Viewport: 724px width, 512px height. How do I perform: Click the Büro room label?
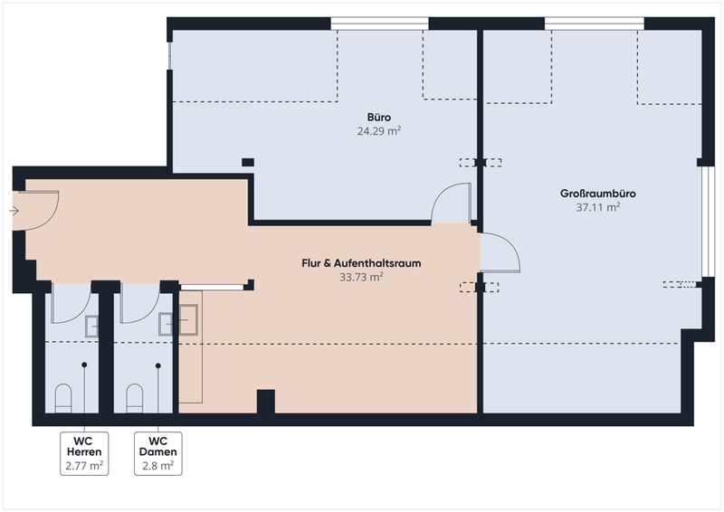coord(379,117)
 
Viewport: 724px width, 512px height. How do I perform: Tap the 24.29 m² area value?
coord(379,131)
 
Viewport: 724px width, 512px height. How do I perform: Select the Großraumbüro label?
coord(598,193)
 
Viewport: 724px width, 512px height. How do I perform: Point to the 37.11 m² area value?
coord(598,207)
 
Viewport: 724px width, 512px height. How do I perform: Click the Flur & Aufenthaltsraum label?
coord(361,263)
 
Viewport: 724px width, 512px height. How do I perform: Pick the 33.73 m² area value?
coord(361,277)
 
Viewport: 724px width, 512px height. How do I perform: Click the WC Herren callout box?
coord(84,453)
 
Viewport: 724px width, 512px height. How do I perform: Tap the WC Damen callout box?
coord(157,453)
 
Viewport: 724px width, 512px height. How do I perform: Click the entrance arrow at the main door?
coord(14,211)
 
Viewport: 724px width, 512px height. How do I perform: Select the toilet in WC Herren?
coord(63,398)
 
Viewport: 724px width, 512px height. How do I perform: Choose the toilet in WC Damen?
coord(135,398)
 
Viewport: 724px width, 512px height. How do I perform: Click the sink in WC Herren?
coord(92,327)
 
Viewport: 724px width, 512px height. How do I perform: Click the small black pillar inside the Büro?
coord(248,162)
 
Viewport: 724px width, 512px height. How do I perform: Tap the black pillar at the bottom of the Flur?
coord(265,402)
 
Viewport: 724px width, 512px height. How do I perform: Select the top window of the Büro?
coord(379,24)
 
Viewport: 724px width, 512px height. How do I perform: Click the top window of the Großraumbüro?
coord(595,24)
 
